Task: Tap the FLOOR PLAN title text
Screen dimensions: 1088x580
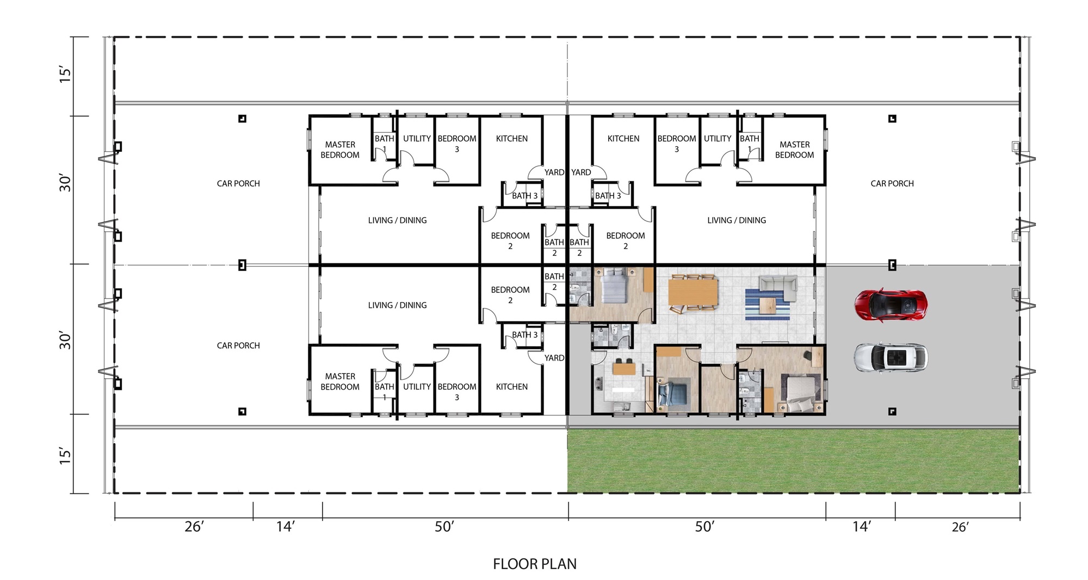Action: (x=535, y=564)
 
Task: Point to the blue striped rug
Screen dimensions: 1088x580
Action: (x=767, y=305)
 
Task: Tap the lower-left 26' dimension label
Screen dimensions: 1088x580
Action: (x=194, y=527)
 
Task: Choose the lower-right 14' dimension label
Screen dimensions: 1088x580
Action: (x=862, y=527)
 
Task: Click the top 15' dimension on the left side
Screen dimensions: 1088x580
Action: (x=65, y=75)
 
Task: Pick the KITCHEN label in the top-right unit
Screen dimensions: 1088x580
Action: (x=623, y=139)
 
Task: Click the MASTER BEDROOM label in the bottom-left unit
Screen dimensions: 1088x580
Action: (x=340, y=381)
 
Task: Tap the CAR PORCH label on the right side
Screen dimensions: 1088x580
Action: (x=892, y=184)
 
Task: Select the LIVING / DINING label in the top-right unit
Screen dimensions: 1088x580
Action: (x=737, y=220)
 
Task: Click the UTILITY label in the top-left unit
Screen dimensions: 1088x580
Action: (x=417, y=139)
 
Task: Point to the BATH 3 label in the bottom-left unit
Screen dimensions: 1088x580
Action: (x=524, y=335)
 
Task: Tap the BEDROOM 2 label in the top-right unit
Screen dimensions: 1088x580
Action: (x=626, y=240)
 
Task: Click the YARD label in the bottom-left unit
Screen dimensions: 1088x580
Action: (x=554, y=358)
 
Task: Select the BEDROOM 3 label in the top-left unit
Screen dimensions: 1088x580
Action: (x=457, y=144)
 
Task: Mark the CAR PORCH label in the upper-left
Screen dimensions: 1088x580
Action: (x=238, y=184)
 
